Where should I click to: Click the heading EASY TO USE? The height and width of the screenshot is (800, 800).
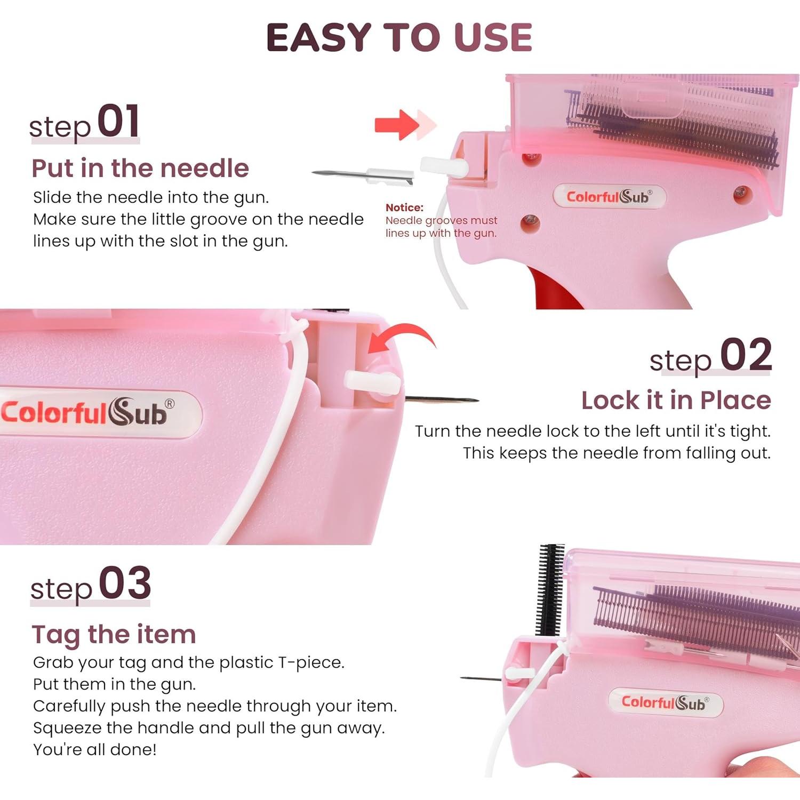click(x=399, y=37)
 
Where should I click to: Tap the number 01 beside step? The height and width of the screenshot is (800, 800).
click(x=118, y=122)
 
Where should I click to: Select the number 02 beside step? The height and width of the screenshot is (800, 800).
click(x=746, y=355)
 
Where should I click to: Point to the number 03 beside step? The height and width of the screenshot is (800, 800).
click(x=125, y=583)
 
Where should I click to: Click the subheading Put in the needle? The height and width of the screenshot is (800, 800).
click(x=140, y=169)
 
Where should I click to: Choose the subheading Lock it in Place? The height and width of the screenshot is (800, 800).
click(x=676, y=401)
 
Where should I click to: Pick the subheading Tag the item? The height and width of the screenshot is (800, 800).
click(x=114, y=635)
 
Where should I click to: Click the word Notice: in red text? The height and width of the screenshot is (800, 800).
click(x=404, y=207)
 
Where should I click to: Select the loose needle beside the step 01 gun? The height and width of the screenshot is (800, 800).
click(x=363, y=174)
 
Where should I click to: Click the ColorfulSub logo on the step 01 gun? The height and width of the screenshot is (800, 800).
click(x=609, y=197)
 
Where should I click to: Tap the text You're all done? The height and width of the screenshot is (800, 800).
click(x=95, y=749)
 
